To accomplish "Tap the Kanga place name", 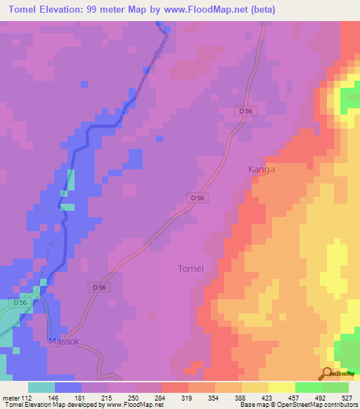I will pyautogui.click(x=262, y=169).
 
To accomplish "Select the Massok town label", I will pyautogui.click(x=65, y=342).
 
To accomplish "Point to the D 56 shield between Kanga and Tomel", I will pyautogui.click(x=198, y=199).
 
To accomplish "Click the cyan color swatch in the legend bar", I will pyautogui.click(x=41, y=387).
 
